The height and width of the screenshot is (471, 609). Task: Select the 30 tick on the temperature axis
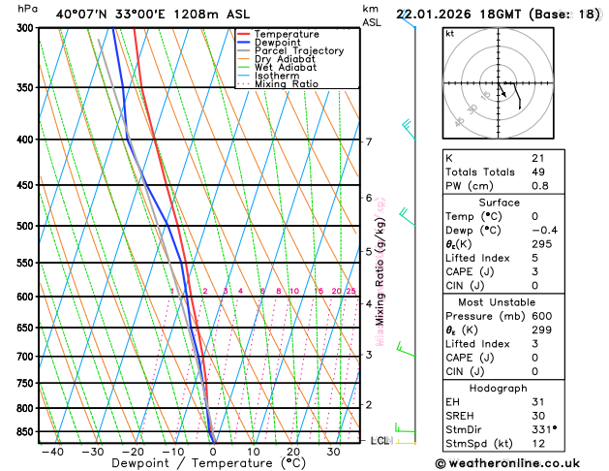tap(333, 452)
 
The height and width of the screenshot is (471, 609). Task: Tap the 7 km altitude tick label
tap(368, 141)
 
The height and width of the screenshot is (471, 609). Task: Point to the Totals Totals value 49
tap(537, 172)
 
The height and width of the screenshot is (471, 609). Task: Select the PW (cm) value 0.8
tap(539, 186)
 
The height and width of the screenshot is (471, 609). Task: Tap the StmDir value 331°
tap(543, 429)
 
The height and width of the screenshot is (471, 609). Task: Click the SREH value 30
tap(537, 416)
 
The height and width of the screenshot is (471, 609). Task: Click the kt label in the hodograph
tap(449, 34)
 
